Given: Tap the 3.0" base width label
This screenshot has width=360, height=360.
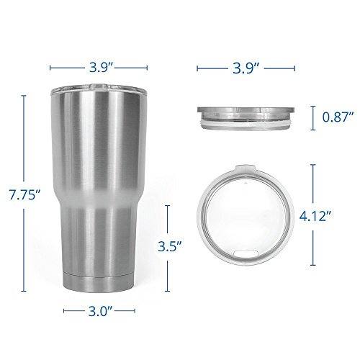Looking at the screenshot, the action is pyautogui.click(x=100, y=311).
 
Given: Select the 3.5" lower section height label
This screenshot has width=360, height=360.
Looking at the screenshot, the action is pyautogui.click(x=169, y=246).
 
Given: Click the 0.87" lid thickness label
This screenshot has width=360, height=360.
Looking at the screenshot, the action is pyautogui.click(x=338, y=117).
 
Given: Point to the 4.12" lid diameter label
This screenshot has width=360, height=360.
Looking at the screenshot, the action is pyautogui.click(x=315, y=216).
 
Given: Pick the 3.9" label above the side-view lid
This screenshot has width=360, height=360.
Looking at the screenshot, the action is pyautogui.click(x=246, y=68).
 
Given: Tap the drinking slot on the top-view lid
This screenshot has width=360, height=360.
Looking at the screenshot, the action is pyautogui.click(x=246, y=253).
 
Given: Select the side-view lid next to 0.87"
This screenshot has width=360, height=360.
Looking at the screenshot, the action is pyautogui.click(x=246, y=119).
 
